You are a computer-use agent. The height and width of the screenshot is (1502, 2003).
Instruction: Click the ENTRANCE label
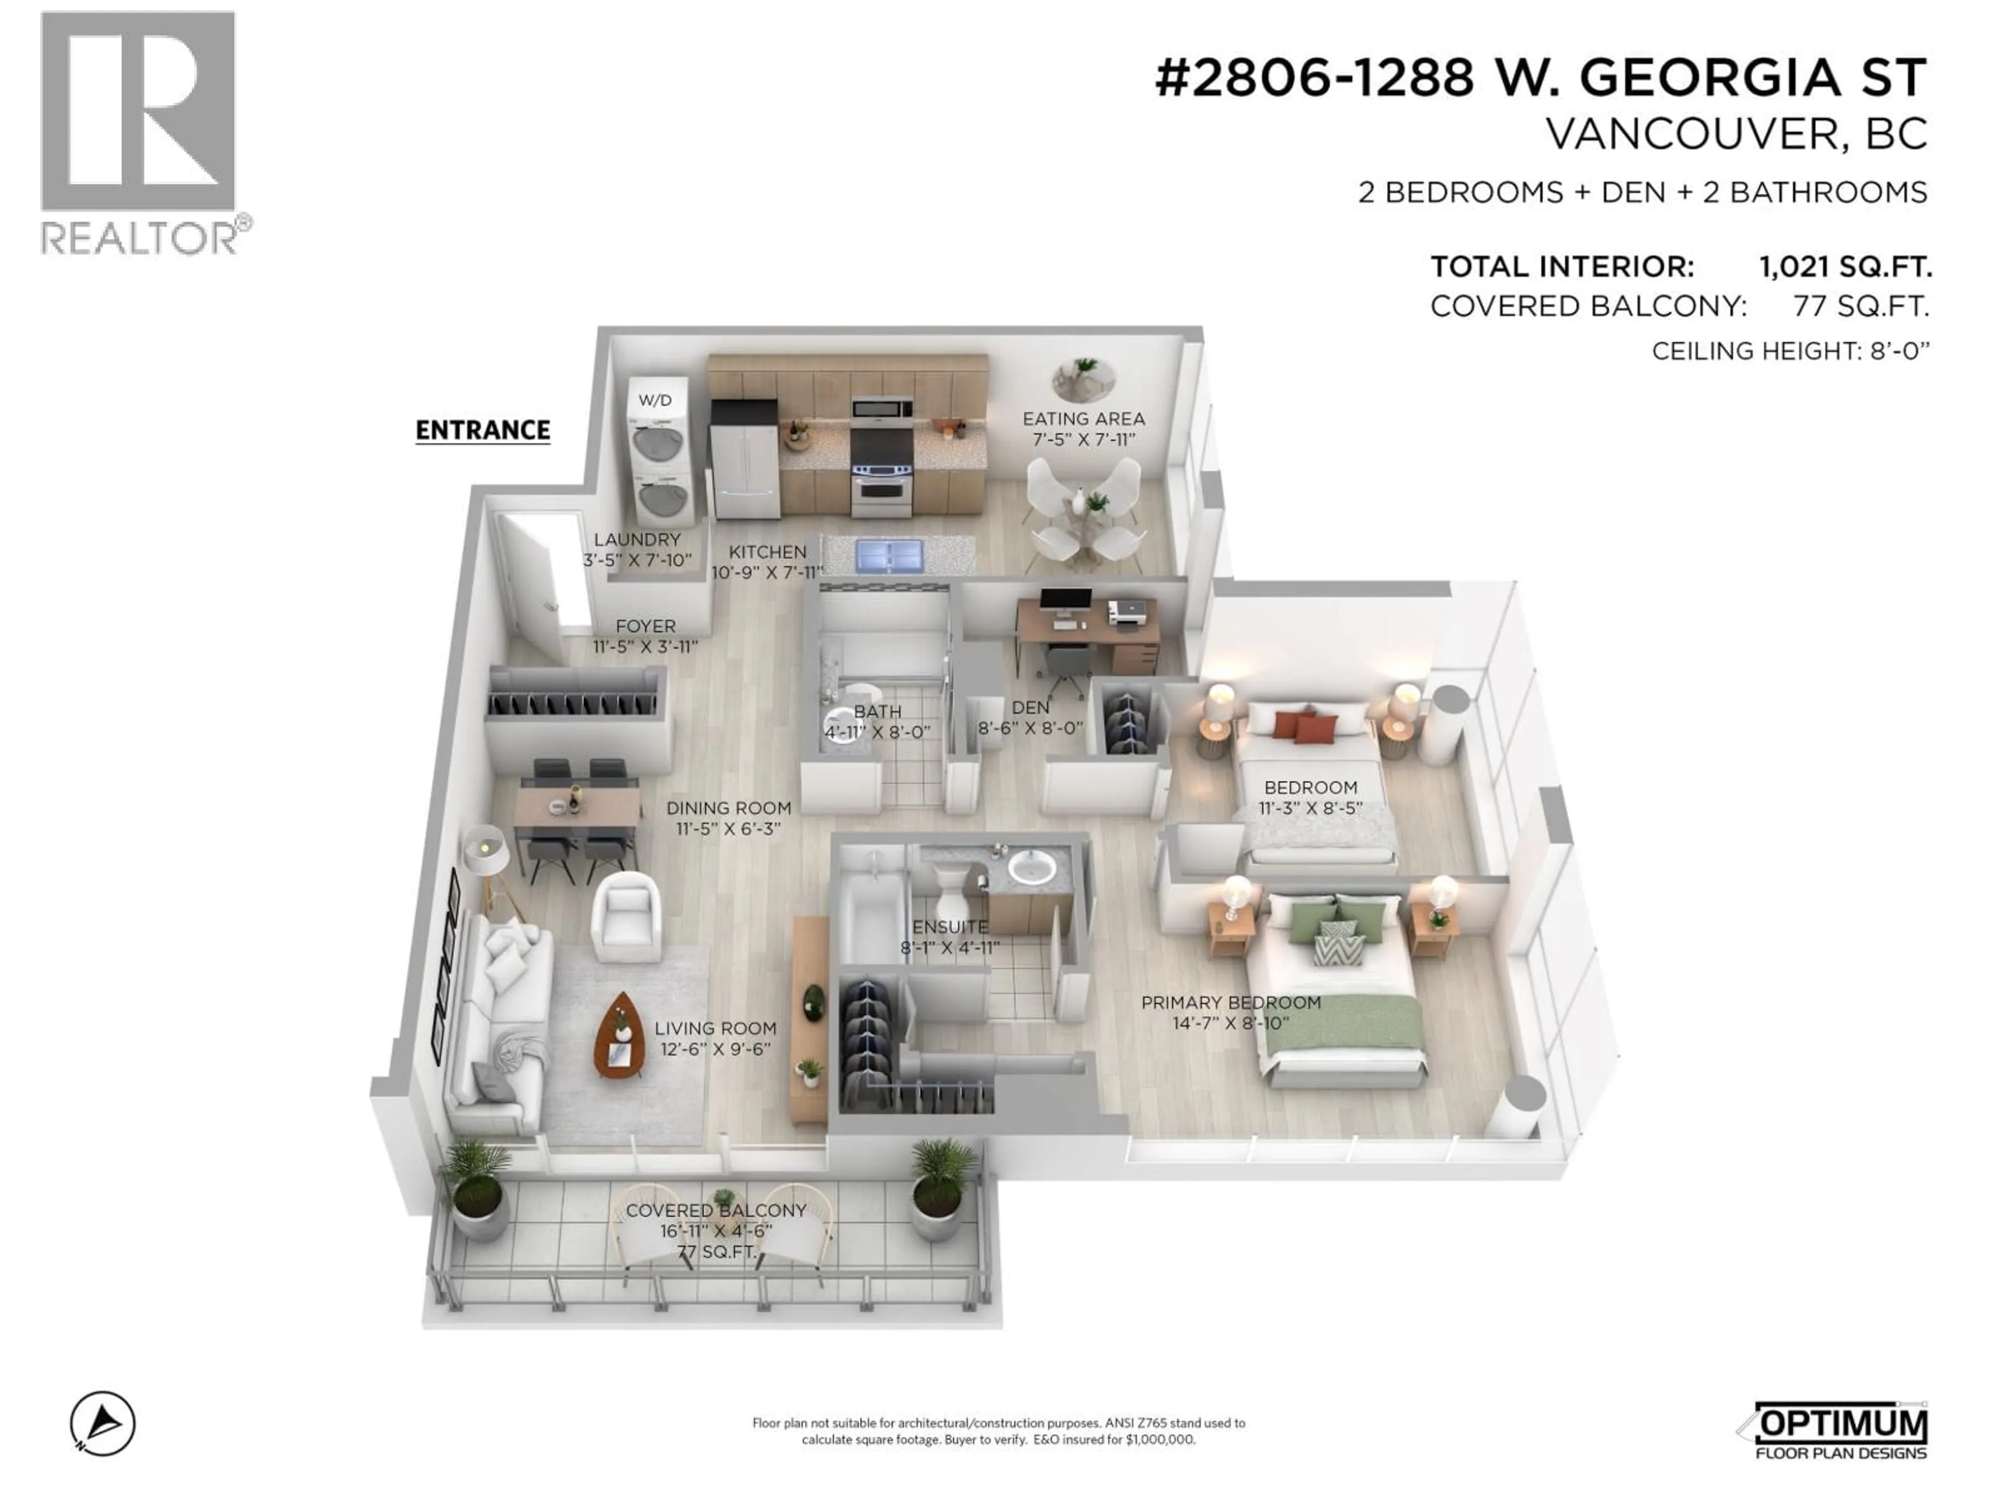[482, 430]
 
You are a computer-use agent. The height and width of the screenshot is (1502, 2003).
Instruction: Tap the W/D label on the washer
[655, 400]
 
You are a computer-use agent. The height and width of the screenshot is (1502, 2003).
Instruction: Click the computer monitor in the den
[1065, 601]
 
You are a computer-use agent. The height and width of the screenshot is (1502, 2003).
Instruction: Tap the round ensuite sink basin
[1032, 868]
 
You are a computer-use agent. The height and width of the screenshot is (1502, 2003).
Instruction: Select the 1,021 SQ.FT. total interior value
[1844, 267]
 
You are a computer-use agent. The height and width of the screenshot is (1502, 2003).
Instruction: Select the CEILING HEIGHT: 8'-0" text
[1790, 352]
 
